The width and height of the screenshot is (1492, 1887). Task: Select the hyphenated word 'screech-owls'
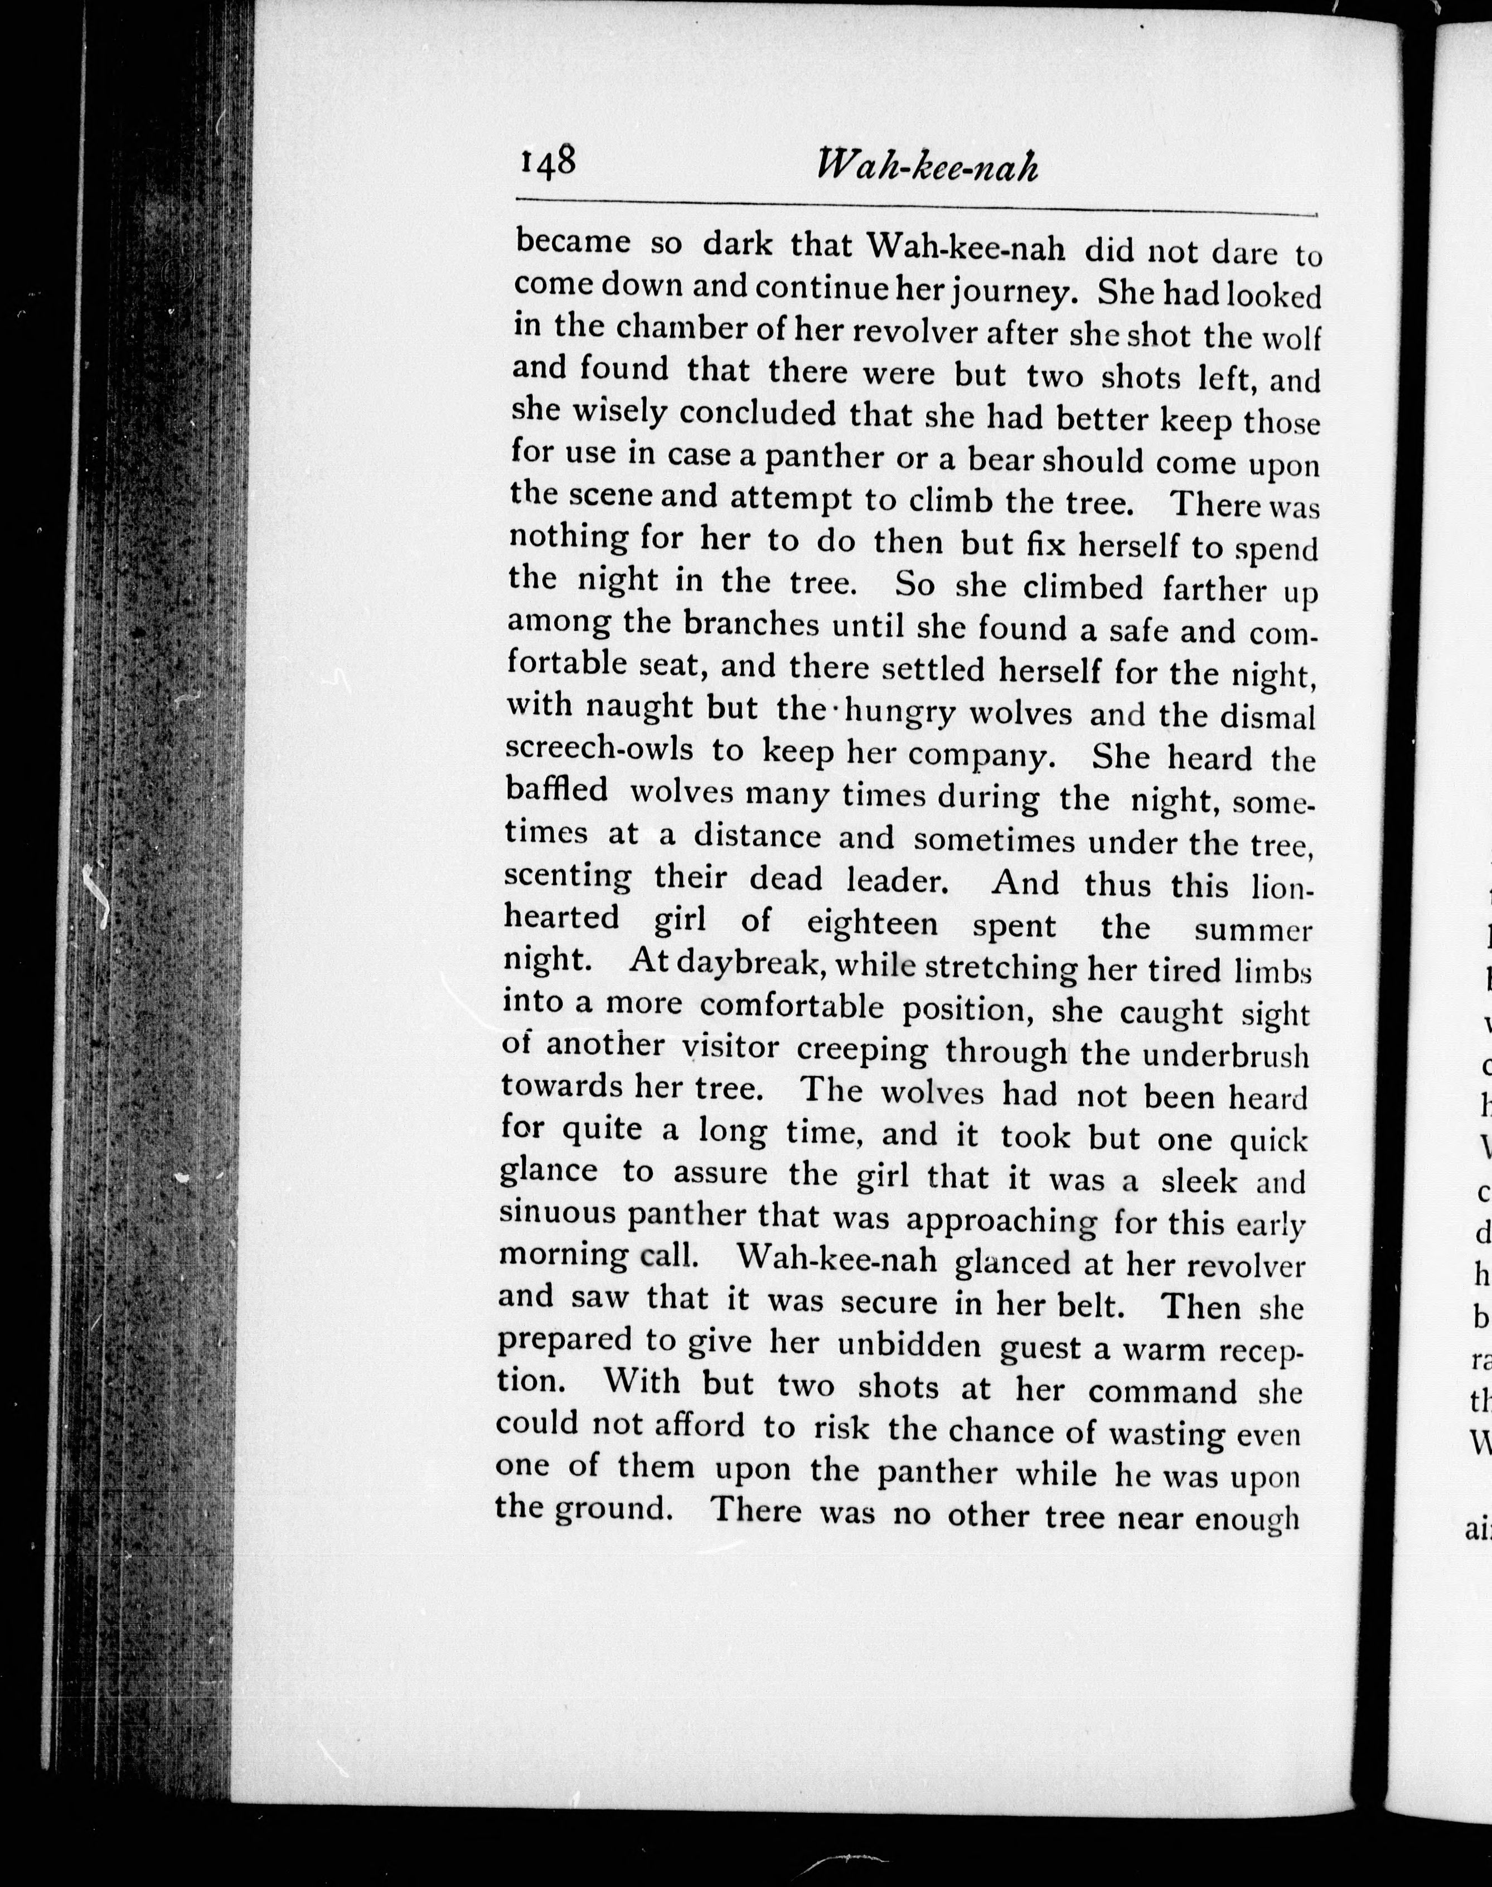point(599,749)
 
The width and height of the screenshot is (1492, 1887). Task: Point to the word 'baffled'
point(556,789)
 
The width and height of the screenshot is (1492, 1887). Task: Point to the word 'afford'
point(695,1425)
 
